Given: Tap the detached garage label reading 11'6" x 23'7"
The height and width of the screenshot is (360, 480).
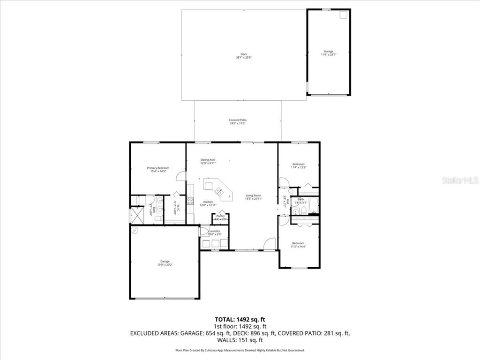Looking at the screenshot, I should pos(329,52).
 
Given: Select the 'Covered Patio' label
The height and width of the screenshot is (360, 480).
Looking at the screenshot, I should pos(238,121).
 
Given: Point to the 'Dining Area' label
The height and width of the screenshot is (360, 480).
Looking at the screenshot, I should pos(208,162).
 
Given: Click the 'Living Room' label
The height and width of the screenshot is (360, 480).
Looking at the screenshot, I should pos(254,197).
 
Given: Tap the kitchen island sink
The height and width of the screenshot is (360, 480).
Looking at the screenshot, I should pos(218,191).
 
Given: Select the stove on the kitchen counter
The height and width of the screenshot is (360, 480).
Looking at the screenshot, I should pos(191,201).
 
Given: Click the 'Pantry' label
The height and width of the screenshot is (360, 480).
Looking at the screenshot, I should pos(220,217).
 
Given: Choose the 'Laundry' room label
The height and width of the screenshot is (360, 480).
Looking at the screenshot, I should pos(215,232).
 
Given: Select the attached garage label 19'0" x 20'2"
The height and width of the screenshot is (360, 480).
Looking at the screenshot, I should pos(165,262).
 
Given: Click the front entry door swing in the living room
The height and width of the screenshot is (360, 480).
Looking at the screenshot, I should pos(269,244).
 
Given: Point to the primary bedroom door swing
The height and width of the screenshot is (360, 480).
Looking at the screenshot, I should pos(180,175).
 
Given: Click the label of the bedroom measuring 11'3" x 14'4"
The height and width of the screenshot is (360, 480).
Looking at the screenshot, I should pos(299,245).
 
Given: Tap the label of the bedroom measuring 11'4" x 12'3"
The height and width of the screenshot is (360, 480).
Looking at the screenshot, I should pos(298,165).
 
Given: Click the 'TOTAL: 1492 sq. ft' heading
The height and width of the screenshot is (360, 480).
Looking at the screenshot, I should pos(240,319).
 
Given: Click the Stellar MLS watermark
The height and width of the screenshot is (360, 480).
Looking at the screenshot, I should pos(459,180).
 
